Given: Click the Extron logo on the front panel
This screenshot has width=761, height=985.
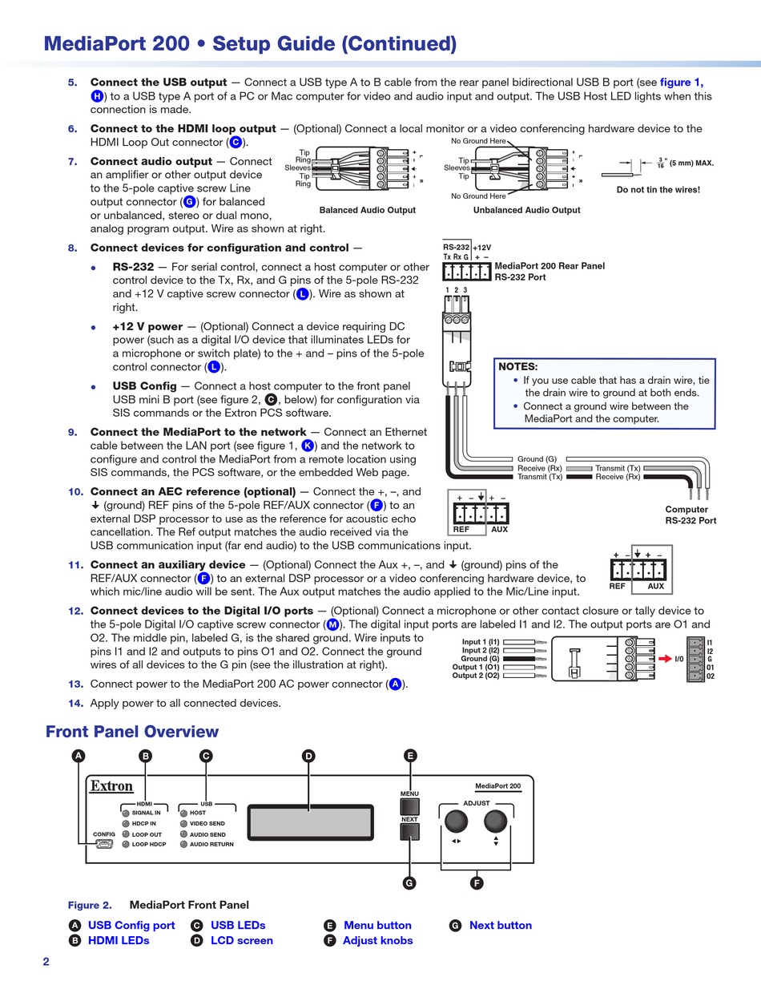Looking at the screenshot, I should (x=111, y=786).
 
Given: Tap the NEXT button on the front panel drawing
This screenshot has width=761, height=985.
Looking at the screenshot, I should (x=409, y=832).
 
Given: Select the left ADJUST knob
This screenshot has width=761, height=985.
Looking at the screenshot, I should (x=456, y=820).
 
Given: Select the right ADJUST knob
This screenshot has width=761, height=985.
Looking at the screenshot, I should (x=496, y=820).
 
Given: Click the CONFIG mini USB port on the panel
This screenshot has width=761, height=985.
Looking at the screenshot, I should (x=104, y=844).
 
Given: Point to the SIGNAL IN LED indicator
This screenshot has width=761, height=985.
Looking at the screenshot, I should (x=126, y=813).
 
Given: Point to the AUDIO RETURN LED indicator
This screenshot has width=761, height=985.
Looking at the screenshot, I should (x=183, y=844).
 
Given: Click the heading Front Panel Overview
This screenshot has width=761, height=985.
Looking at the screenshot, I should (x=132, y=732).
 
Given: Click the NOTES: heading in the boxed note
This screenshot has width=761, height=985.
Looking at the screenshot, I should (x=518, y=366).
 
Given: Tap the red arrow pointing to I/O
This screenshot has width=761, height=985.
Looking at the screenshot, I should (x=665, y=659).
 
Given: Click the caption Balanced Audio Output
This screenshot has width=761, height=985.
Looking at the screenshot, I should (x=367, y=210).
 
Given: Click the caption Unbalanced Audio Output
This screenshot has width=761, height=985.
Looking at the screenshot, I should (x=526, y=210).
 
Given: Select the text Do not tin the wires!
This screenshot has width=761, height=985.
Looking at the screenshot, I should (x=658, y=190).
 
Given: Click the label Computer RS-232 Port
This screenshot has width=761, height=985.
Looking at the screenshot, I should (x=691, y=515).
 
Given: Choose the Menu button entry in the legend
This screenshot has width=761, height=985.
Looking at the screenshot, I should (x=377, y=926).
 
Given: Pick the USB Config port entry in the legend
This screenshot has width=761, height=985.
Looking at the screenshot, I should (x=131, y=926).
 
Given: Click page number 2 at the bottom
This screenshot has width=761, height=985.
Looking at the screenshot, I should (x=46, y=962).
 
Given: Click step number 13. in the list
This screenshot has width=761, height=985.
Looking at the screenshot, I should (x=75, y=684).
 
